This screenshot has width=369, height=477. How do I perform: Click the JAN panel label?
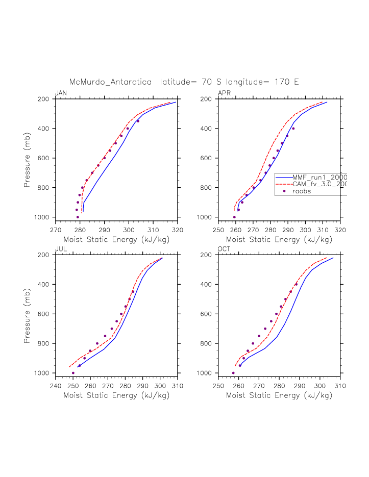point(61,93)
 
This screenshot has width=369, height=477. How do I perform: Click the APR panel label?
point(224,93)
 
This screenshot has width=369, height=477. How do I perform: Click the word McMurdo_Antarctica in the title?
point(111,82)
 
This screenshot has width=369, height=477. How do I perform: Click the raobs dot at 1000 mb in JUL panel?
point(73,373)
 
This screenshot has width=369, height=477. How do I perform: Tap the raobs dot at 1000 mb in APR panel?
point(234,217)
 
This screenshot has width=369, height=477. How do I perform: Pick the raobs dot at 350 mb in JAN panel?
point(138,121)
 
